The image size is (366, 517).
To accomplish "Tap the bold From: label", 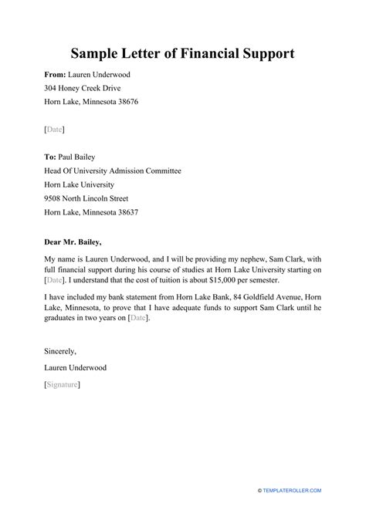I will pyautogui.click(x=58, y=75).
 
